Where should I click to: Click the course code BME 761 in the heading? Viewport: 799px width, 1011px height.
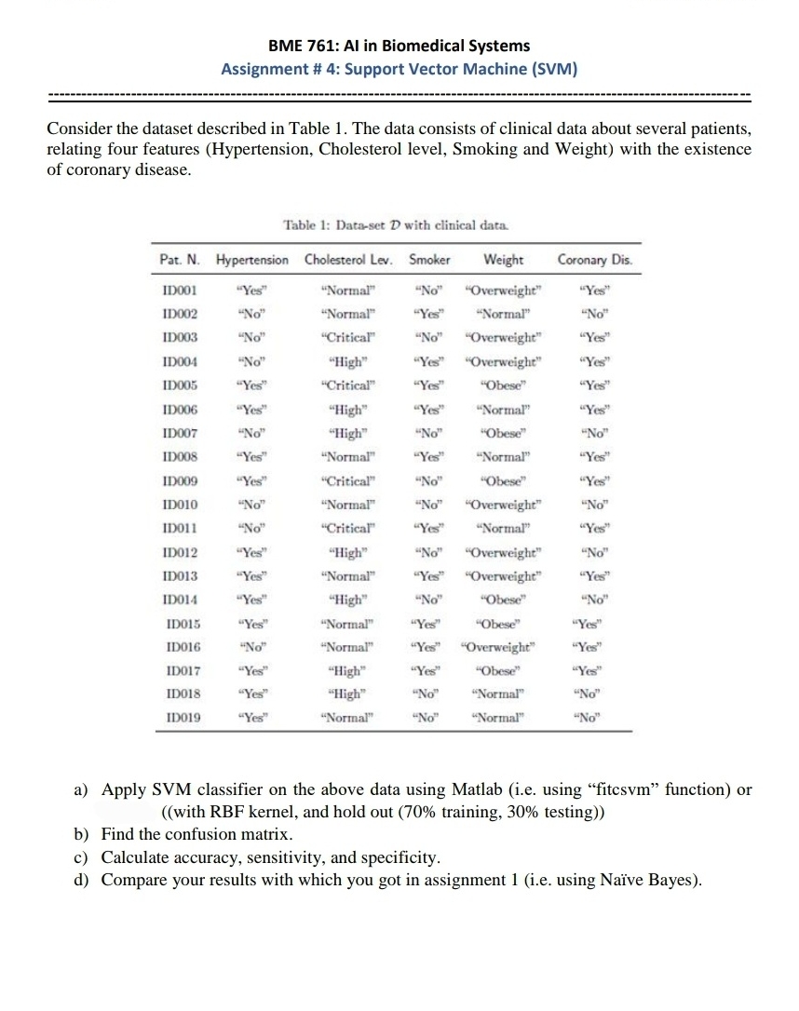(x=299, y=45)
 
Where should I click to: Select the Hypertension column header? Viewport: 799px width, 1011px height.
(x=252, y=260)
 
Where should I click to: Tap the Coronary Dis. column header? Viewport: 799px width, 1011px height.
(x=594, y=260)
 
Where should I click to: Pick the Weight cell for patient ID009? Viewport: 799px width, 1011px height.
(x=504, y=480)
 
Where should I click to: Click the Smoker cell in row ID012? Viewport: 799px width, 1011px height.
(x=429, y=552)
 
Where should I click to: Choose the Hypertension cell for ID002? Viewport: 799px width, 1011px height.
(x=252, y=313)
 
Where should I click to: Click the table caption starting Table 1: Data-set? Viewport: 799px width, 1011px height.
(x=396, y=225)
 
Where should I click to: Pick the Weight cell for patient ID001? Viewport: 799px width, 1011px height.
(x=504, y=289)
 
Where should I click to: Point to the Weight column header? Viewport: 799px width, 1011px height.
(x=504, y=260)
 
